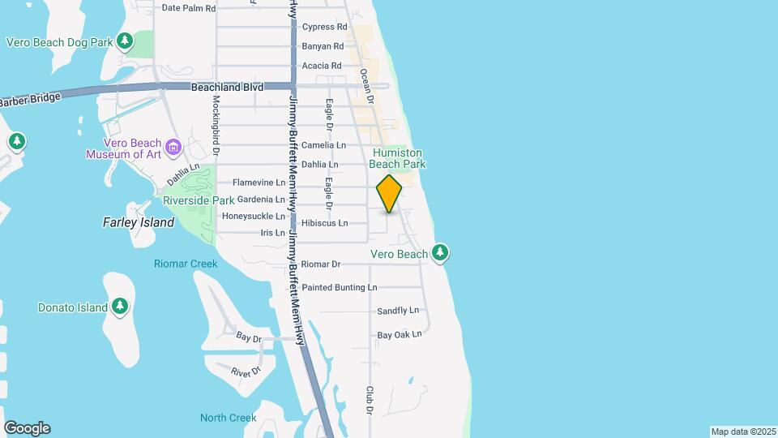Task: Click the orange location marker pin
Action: coord(389,194)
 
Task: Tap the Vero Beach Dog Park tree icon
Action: coord(124,41)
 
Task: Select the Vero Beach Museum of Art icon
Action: coord(173,147)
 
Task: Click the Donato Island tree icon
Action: coord(120,307)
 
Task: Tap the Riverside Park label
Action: coord(199,200)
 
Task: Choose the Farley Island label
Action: coord(139,222)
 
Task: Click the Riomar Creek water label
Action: coord(186,264)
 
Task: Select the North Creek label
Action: coord(229,418)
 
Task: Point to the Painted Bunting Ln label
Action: coord(339,287)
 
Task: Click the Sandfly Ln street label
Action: coord(398,311)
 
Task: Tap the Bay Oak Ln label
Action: coord(400,334)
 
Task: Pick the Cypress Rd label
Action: coord(324,27)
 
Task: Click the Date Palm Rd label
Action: coord(189,8)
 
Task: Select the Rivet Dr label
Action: coord(246,371)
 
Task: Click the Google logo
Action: coord(27,428)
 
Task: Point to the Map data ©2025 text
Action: coord(742,432)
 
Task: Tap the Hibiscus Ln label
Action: coord(324,223)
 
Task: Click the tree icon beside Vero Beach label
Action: coord(440,253)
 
